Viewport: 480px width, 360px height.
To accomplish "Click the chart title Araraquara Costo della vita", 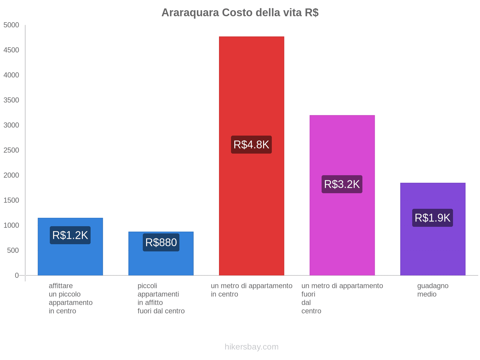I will click(240, 13).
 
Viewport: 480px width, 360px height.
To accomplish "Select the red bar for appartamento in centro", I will click(251, 90).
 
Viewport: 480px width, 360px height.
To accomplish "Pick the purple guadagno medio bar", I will click(433, 249).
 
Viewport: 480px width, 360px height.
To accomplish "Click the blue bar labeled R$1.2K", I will click(70, 258).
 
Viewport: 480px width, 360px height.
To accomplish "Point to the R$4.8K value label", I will click(251, 145).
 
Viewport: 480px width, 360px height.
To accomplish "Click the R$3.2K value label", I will click(342, 184).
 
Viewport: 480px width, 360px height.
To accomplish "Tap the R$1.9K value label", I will click(433, 218).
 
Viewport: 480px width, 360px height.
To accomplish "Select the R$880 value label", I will click(161, 242).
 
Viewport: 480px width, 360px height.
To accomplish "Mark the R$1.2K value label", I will click(70, 235).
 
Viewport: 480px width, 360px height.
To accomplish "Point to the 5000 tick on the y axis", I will click(11, 25).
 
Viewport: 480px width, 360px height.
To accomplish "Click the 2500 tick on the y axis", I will click(11, 150).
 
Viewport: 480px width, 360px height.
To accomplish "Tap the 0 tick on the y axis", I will click(17, 275).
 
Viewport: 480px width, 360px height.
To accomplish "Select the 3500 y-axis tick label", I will click(11, 100).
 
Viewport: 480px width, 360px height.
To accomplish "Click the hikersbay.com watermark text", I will click(251, 347).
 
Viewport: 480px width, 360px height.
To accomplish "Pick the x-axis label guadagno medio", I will click(433, 290).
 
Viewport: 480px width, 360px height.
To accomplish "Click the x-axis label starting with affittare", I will click(70, 298).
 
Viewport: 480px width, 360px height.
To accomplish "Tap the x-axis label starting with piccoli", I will click(161, 298).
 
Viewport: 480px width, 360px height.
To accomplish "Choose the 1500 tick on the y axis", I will click(11, 200).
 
